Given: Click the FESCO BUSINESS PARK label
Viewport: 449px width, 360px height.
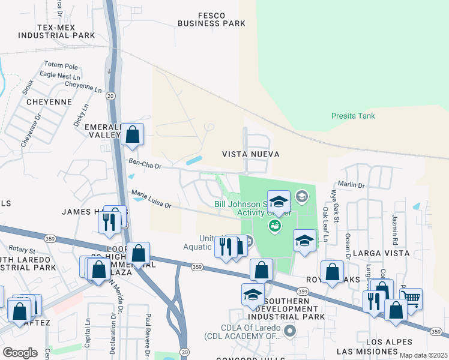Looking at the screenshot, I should (211, 19).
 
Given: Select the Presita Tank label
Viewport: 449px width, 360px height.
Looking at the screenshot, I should (353, 115).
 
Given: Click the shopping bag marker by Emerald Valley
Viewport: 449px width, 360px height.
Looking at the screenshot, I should (133, 135).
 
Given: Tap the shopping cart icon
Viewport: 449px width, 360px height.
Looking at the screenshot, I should (411, 298).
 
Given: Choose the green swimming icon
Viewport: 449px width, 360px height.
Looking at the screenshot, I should (275, 226).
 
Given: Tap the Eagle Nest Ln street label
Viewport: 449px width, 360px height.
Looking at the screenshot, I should (59, 76).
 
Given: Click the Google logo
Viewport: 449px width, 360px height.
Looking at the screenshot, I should (20, 353).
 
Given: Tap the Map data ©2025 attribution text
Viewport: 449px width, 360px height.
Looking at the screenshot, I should (423, 355).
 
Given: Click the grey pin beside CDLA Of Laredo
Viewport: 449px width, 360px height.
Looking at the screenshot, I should (290, 331).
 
